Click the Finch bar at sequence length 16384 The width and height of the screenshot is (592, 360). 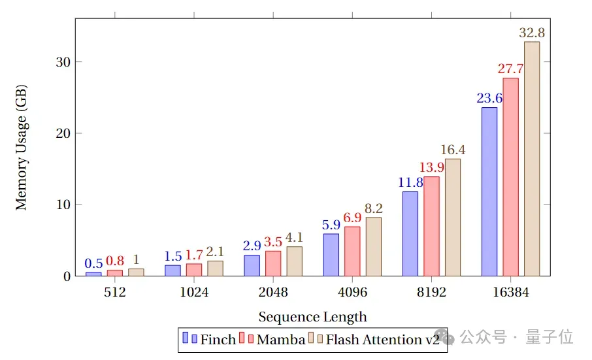click(x=489, y=191)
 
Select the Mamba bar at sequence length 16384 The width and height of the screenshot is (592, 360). click(x=510, y=177)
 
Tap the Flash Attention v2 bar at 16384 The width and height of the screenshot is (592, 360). click(x=532, y=159)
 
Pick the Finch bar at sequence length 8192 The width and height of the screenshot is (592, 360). click(x=410, y=233)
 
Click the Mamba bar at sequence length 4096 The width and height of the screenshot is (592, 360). click(x=352, y=251)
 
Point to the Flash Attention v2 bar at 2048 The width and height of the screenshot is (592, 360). click(x=295, y=261)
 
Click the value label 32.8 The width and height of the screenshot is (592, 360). click(x=532, y=33)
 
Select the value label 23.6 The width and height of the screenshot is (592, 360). click(x=489, y=98)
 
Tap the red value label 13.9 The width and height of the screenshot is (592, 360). click(x=431, y=167)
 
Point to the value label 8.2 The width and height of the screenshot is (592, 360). click(x=374, y=208)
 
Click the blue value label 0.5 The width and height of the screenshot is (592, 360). click(x=93, y=263)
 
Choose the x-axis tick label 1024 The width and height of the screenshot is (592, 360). click(x=194, y=292)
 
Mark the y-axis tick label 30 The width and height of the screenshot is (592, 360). click(x=63, y=62)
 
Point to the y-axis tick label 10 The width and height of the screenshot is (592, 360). click(x=63, y=205)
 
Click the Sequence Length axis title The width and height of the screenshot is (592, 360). click(x=312, y=317)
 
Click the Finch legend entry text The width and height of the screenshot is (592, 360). click(x=218, y=340)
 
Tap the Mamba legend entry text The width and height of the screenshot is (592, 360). click(x=280, y=340)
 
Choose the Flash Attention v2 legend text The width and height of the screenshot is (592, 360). click(x=382, y=340)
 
